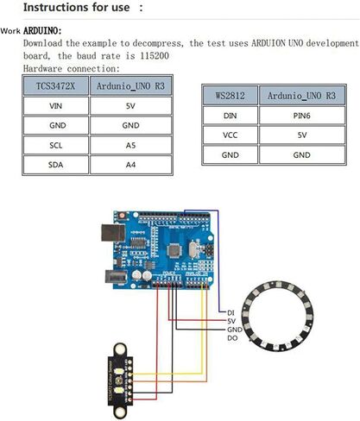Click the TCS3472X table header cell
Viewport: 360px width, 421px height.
tap(55, 85)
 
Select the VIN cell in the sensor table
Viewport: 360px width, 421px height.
tap(55, 106)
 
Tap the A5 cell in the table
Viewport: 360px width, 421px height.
tap(130, 145)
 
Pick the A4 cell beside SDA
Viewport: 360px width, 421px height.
tap(130, 165)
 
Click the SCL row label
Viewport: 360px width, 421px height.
tap(55, 145)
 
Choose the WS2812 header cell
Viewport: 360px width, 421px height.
tap(230, 95)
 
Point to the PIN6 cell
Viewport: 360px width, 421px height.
tap(302, 116)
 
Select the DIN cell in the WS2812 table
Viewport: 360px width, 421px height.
tap(230, 116)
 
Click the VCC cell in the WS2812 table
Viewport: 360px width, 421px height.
tap(230, 135)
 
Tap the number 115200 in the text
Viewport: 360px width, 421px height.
tap(155, 56)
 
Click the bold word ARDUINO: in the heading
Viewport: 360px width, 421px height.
tap(42, 30)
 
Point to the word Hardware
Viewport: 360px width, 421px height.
tap(42, 69)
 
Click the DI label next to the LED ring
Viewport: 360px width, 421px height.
tap(231, 313)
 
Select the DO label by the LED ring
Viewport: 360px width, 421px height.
tap(232, 338)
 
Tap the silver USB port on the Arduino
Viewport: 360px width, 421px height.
tap(113, 233)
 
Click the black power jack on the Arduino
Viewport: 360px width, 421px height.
tap(116, 277)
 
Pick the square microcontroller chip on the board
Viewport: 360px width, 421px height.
tap(174, 250)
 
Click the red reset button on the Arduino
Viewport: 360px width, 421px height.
tap(122, 215)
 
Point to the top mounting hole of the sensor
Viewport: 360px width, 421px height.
tap(120, 349)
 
